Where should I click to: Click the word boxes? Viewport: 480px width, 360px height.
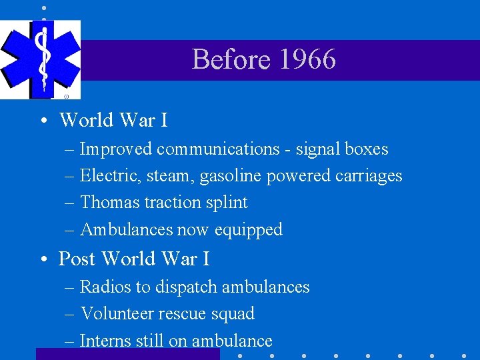[367, 149]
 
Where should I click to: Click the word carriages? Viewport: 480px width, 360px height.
[369, 176]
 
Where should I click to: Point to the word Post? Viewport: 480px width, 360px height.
[77, 258]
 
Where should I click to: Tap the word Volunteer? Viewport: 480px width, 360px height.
[117, 313]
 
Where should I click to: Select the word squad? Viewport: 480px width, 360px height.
[233, 314]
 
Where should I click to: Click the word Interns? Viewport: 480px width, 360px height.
[105, 341]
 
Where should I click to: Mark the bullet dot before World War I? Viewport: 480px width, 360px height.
[42, 121]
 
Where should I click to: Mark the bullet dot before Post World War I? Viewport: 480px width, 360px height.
[42, 259]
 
